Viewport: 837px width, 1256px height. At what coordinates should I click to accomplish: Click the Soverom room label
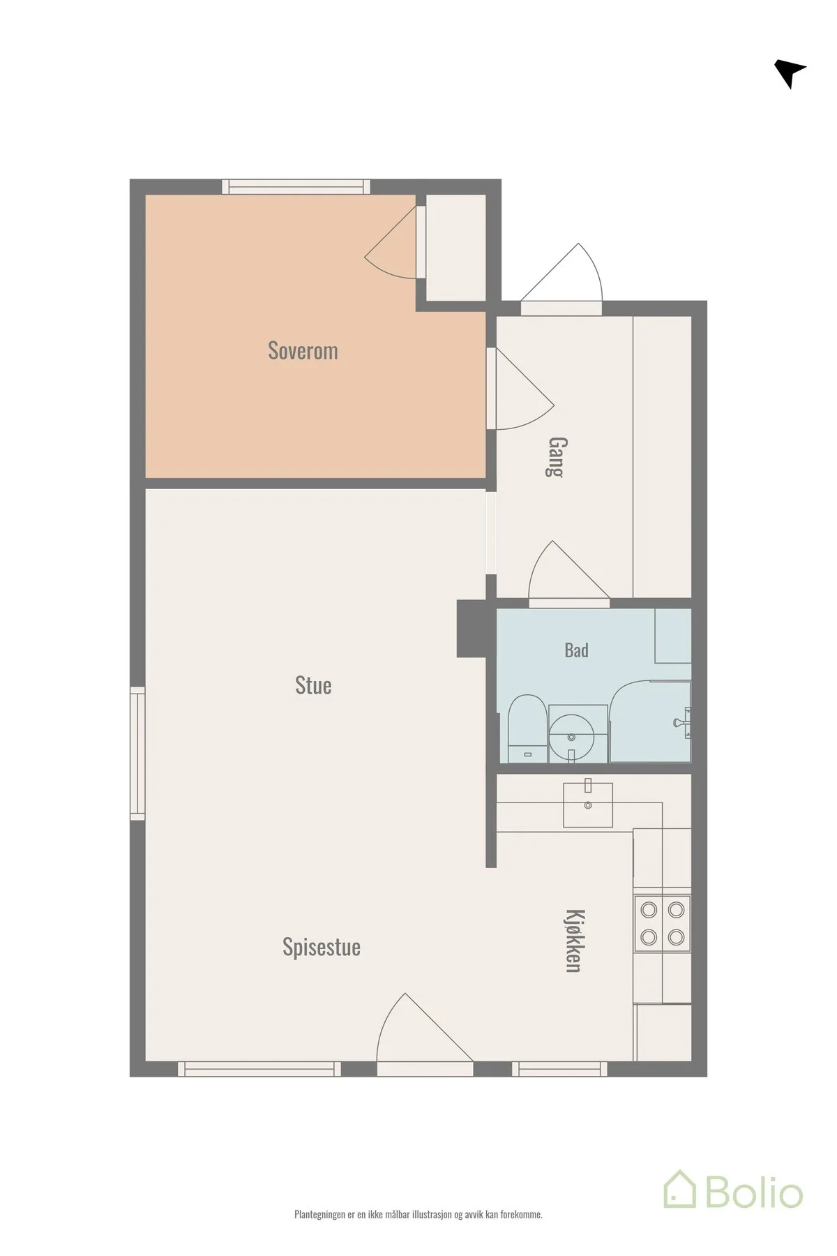tap(303, 350)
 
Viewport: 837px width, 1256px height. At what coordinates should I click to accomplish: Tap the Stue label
tap(313, 685)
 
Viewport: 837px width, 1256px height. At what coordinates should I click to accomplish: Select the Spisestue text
tap(322, 948)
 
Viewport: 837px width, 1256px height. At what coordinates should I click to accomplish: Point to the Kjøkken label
tap(573, 941)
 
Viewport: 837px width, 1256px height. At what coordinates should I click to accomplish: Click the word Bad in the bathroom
tap(576, 650)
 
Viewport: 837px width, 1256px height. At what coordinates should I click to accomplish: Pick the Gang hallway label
tap(556, 456)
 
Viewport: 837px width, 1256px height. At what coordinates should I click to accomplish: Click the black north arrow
tap(790, 73)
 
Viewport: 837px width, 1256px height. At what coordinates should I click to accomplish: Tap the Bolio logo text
tap(754, 1194)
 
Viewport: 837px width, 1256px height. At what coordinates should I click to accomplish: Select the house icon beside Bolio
tap(679, 1190)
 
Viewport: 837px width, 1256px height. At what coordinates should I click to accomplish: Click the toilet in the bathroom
tap(527, 728)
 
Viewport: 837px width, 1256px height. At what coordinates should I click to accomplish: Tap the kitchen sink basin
tap(588, 804)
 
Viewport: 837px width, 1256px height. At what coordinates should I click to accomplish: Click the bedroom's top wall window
tap(296, 186)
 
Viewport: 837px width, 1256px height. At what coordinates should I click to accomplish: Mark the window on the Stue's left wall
tap(137, 753)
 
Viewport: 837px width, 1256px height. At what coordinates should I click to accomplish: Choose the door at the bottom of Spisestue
tap(425, 1032)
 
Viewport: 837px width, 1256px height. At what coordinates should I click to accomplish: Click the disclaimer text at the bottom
tap(418, 1215)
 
